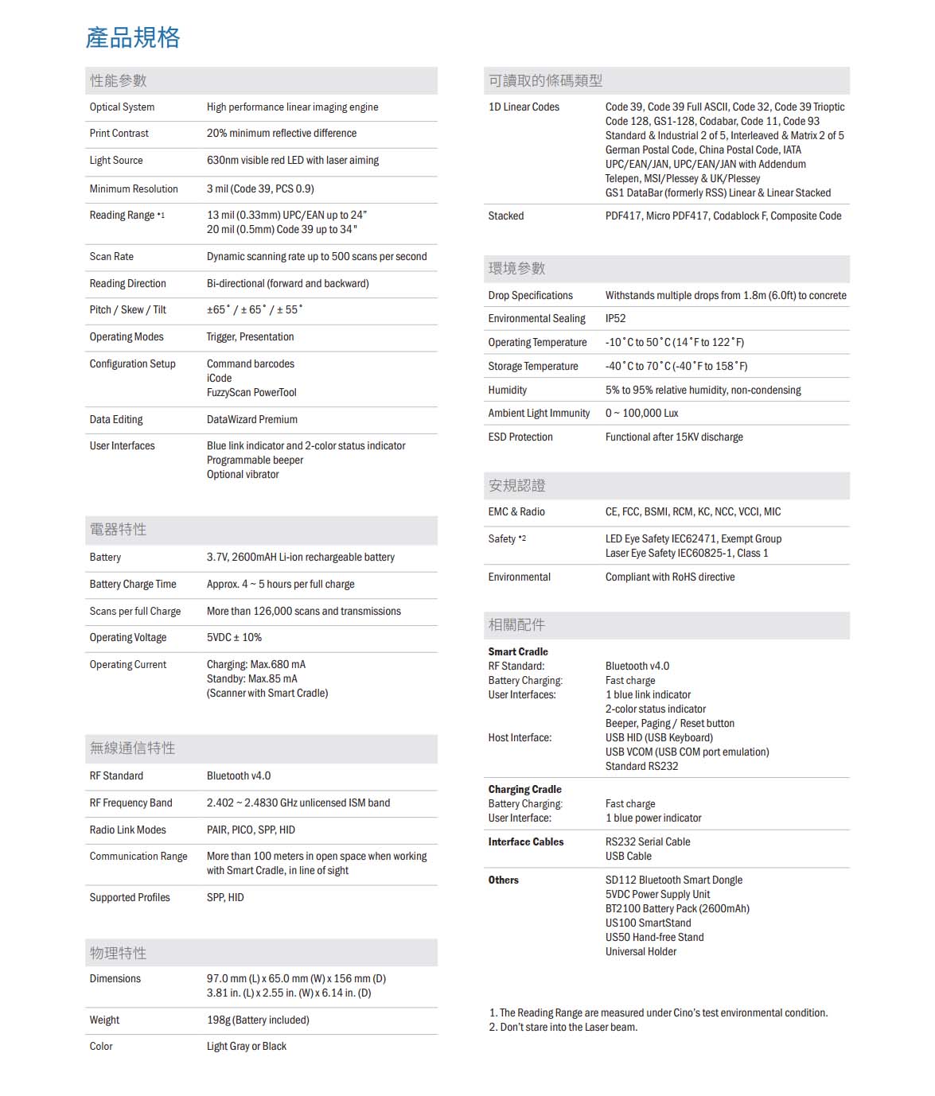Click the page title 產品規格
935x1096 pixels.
point(133,37)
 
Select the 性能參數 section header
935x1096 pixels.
point(118,80)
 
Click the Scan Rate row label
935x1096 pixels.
point(111,256)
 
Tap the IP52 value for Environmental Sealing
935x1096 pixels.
point(615,318)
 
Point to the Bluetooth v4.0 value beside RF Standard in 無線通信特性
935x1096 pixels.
point(239,775)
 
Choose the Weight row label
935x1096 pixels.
point(104,1020)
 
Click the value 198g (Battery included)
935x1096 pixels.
point(258,1020)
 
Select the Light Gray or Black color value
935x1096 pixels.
point(247,1046)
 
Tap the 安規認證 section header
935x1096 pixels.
point(516,485)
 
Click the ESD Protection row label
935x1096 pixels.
point(520,437)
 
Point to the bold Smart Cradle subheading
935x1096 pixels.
point(518,651)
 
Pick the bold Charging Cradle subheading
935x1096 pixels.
point(524,789)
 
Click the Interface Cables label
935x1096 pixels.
point(526,841)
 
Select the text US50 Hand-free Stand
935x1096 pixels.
point(654,937)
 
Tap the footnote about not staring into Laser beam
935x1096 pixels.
point(563,1027)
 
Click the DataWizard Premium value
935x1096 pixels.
point(252,419)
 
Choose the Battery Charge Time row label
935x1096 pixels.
point(133,584)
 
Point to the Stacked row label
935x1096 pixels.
point(506,216)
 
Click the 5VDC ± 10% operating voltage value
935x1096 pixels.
point(234,637)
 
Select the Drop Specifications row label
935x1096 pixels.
point(530,295)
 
